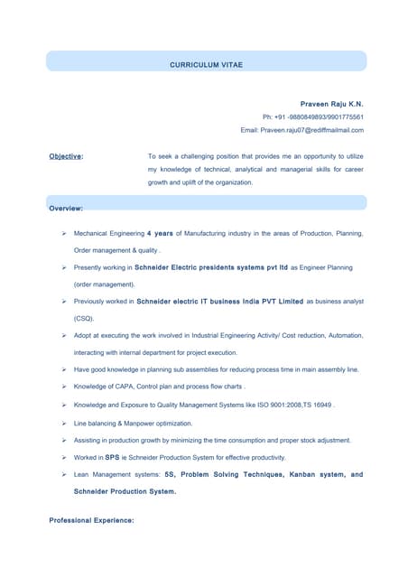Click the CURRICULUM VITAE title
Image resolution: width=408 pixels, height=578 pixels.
pos(206,65)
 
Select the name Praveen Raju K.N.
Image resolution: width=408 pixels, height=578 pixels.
pos(331,104)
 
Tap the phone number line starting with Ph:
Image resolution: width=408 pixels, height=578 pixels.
pos(312,117)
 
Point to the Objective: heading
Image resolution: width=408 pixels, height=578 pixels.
pos(66,156)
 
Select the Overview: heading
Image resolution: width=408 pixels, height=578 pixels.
pos(66,209)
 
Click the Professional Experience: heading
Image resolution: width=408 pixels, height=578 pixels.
pos(91,520)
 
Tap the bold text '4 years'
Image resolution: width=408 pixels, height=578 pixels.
pos(160,233)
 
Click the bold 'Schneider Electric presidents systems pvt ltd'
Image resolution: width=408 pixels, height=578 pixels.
pos(211,267)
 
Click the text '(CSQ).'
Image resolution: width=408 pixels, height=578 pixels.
pos(84,318)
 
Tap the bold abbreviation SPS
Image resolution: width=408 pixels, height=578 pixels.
pos(112,457)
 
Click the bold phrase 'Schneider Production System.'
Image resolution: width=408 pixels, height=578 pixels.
pos(125,492)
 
